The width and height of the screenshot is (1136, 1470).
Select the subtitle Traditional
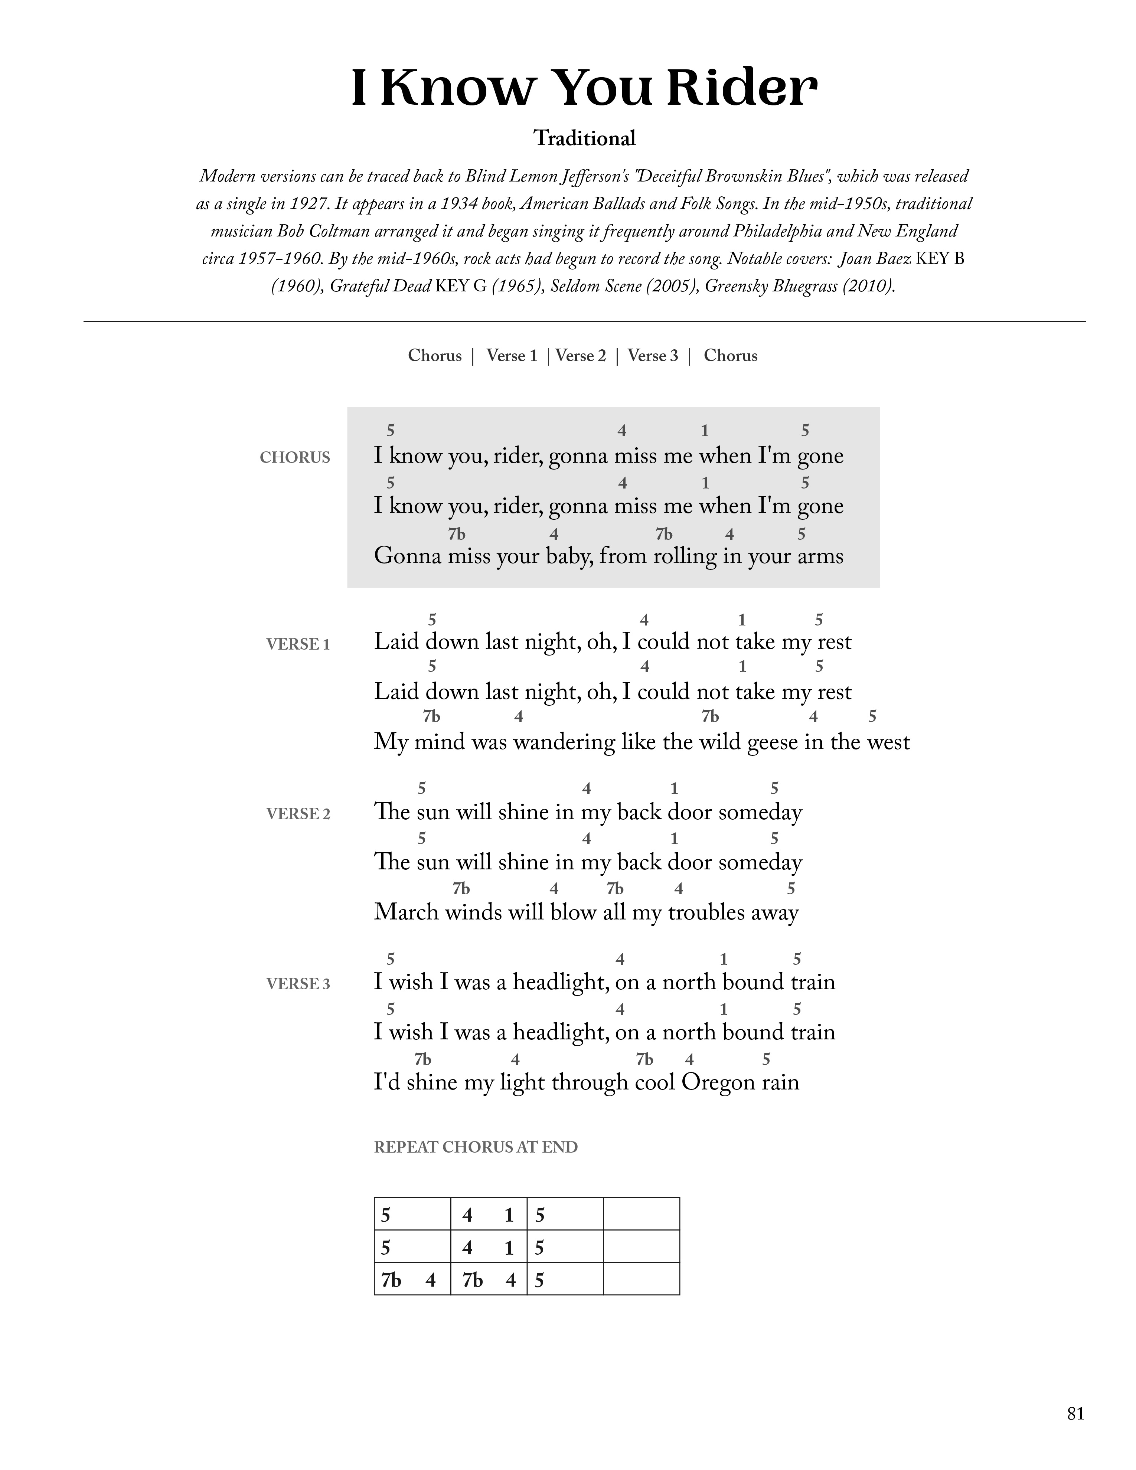584,139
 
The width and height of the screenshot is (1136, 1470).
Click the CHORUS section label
295,458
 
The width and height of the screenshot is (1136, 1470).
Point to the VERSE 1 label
298,645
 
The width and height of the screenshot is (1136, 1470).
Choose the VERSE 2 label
298,814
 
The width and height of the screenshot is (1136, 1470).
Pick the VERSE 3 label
298,984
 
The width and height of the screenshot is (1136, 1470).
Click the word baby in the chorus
569,557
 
